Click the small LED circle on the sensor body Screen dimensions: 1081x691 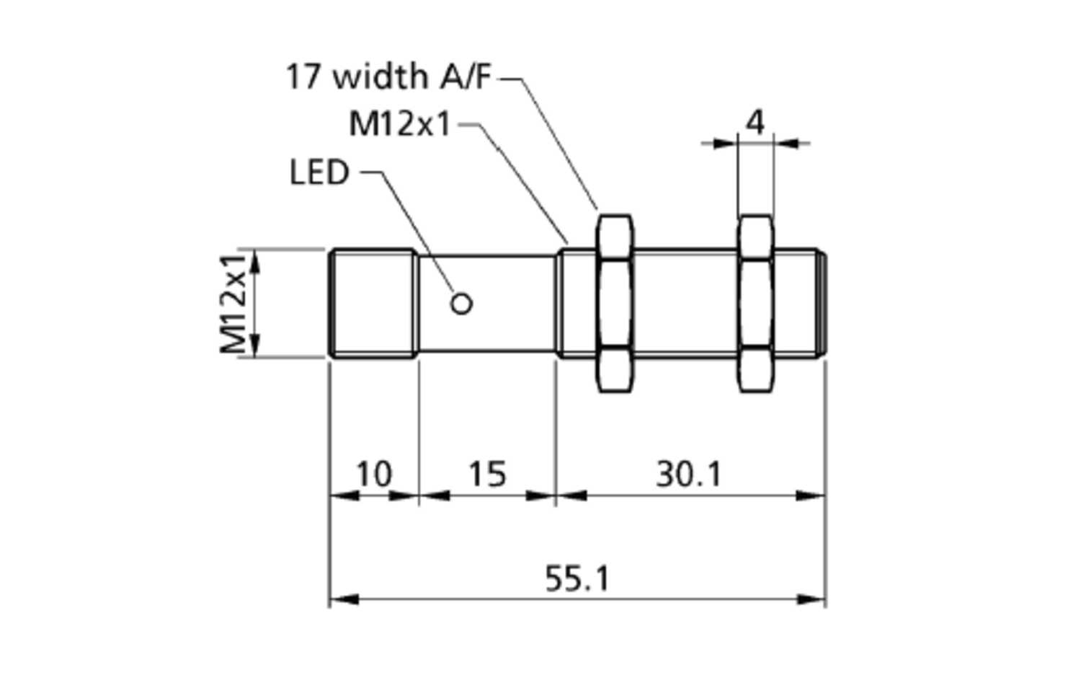[x=461, y=304]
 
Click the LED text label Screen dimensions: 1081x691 [x=319, y=172]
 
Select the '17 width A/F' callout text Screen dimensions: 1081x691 [x=388, y=76]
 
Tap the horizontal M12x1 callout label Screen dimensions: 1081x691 [x=399, y=124]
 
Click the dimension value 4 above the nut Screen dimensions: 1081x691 [x=755, y=123]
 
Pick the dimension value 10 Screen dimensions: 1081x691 [x=374, y=474]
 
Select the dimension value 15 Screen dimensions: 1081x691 [x=487, y=474]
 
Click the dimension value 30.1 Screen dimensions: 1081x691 [x=689, y=474]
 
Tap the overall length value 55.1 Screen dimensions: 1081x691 [x=577, y=578]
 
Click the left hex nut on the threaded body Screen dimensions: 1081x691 [x=614, y=303]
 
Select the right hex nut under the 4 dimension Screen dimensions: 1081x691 [x=756, y=303]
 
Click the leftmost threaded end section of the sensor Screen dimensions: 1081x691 [x=373, y=303]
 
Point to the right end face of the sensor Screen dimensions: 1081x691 [x=822, y=303]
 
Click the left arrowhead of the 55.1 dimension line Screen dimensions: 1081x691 [x=344, y=599]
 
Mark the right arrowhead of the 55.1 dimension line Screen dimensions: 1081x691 [x=811, y=599]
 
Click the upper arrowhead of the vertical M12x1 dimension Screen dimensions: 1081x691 [x=255, y=263]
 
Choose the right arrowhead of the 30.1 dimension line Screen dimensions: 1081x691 [x=811, y=496]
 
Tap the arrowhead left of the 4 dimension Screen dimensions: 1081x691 [x=725, y=143]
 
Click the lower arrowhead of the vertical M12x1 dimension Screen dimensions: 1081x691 [x=255, y=344]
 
